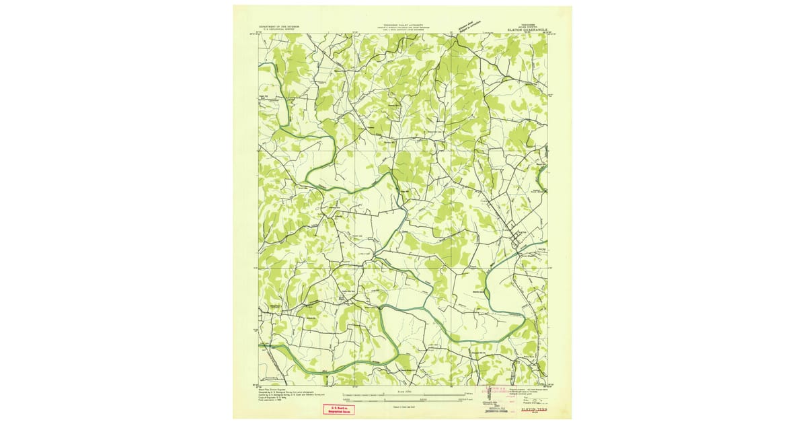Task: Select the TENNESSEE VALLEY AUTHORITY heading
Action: pos(403,22)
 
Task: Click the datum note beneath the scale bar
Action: pos(403,407)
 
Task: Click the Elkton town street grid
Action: pos(518,237)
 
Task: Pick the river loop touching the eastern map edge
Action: pos(541,178)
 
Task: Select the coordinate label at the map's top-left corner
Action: pos(258,32)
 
